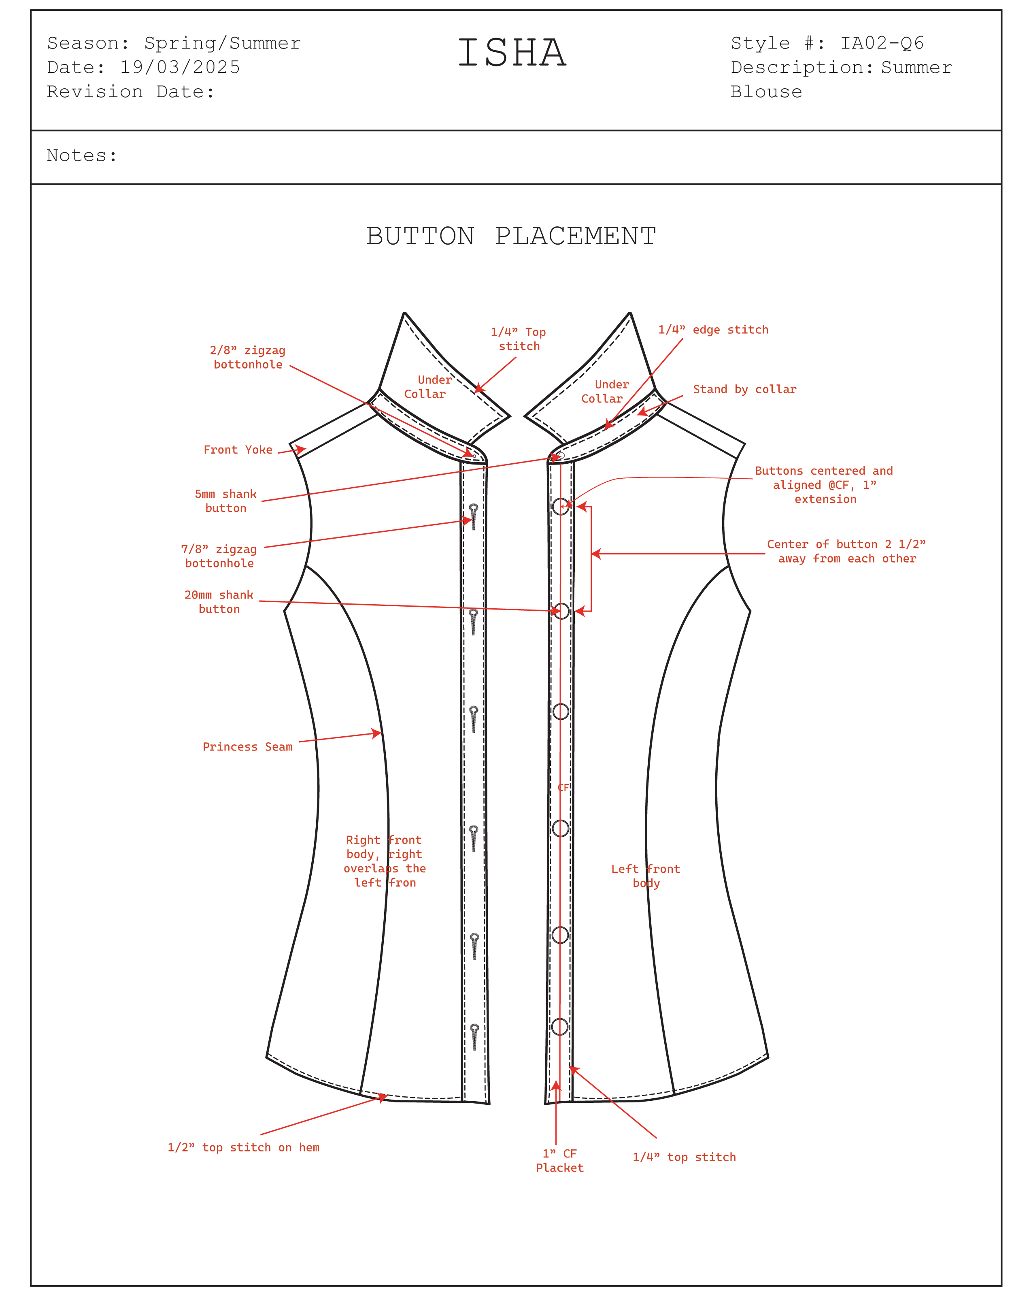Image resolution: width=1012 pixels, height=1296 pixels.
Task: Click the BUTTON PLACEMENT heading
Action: (511, 236)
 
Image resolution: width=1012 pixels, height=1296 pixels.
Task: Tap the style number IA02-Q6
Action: (882, 43)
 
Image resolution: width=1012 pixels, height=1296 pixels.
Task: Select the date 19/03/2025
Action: (180, 67)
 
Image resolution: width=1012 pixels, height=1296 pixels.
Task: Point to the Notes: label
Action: (82, 156)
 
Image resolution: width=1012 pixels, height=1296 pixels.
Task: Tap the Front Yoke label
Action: (238, 450)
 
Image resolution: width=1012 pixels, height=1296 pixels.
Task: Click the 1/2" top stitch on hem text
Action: (243, 1147)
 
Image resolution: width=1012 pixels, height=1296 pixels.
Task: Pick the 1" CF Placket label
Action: (559, 1161)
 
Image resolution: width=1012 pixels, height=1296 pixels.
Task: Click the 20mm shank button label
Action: (219, 602)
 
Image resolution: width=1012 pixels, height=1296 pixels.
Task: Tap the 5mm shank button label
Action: (225, 501)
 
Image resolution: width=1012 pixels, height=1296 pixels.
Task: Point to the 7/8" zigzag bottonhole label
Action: (219, 556)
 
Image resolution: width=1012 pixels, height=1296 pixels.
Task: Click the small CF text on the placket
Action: (563, 787)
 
